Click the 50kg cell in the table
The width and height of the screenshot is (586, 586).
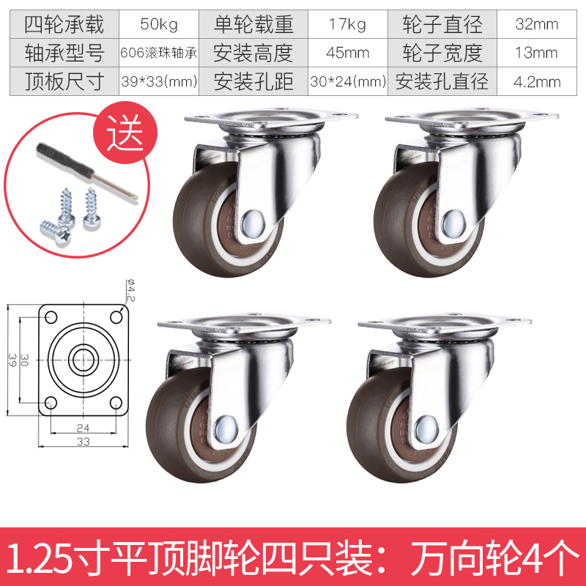click(x=159, y=24)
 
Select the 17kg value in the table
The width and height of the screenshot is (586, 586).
click(x=347, y=24)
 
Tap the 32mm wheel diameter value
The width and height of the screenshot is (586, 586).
click(x=537, y=24)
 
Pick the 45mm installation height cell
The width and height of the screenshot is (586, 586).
click(x=347, y=53)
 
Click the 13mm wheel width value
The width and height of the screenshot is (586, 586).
click(x=537, y=53)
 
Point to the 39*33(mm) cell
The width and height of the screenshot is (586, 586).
click(x=159, y=81)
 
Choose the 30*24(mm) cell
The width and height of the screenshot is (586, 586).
click(x=348, y=81)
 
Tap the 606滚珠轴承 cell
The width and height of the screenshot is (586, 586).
click(x=159, y=53)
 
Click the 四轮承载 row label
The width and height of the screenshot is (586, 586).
click(x=64, y=24)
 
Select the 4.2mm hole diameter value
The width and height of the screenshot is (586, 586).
click(x=537, y=81)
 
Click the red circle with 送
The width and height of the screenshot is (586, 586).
click(x=125, y=133)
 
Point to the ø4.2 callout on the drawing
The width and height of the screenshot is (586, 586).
click(x=131, y=290)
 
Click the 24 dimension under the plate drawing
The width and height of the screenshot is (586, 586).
click(x=83, y=428)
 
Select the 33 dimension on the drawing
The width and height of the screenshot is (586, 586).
click(x=84, y=442)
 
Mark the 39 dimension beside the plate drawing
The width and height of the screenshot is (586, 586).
click(x=12, y=360)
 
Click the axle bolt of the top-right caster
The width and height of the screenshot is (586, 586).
click(x=453, y=224)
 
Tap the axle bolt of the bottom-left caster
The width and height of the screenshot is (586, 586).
click(x=226, y=429)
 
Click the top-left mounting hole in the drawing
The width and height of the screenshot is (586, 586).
click(x=51, y=318)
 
